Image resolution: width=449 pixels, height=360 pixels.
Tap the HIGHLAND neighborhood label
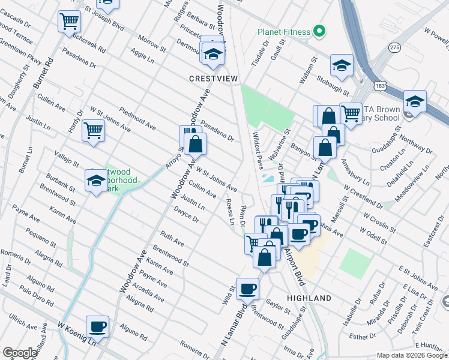point(309,298)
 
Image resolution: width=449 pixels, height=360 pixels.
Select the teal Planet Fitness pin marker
point(319,32)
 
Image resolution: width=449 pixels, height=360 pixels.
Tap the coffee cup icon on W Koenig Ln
point(98,327)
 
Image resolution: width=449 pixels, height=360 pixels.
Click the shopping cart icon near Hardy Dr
point(94,130)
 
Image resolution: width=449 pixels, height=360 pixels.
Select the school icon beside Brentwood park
point(96,179)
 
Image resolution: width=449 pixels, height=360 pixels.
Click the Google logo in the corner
point(20,352)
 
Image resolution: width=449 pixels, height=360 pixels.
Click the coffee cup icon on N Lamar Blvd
point(247,289)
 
